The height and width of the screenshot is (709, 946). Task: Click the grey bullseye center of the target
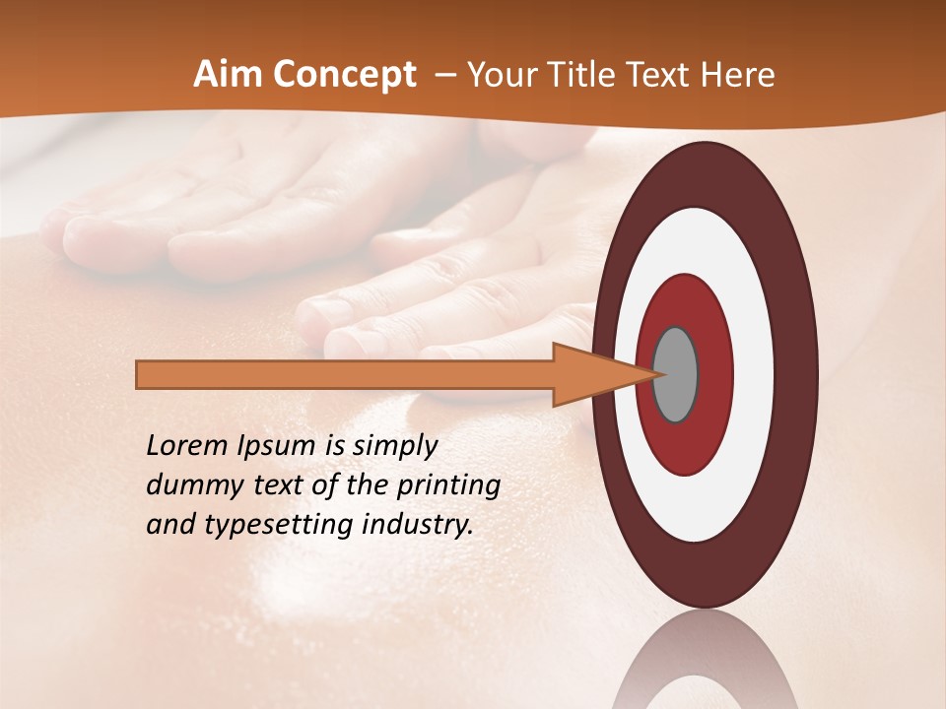tap(676, 374)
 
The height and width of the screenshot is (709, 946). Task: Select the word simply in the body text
tap(394, 447)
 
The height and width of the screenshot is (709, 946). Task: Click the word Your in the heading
tap(501, 75)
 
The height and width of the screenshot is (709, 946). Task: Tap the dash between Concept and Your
tap(444, 75)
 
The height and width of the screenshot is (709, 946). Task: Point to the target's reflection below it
tap(705, 665)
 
